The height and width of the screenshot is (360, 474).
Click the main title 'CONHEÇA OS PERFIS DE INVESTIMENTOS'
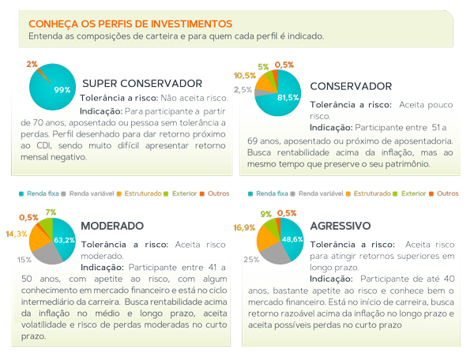click(x=130, y=24)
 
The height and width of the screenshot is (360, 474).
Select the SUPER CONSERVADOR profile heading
click(x=142, y=83)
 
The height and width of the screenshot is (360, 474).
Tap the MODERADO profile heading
click(x=111, y=225)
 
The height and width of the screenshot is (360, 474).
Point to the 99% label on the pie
click(x=62, y=90)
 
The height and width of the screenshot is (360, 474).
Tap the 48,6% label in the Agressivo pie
click(x=292, y=238)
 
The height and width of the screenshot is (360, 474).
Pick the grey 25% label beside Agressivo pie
click(x=251, y=259)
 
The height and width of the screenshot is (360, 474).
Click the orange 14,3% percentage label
click(x=17, y=234)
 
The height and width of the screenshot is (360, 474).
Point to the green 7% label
click(x=51, y=212)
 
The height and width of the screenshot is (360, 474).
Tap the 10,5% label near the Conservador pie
click(x=245, y=76)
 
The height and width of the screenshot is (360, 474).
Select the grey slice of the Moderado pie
click(x=47, y=253)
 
